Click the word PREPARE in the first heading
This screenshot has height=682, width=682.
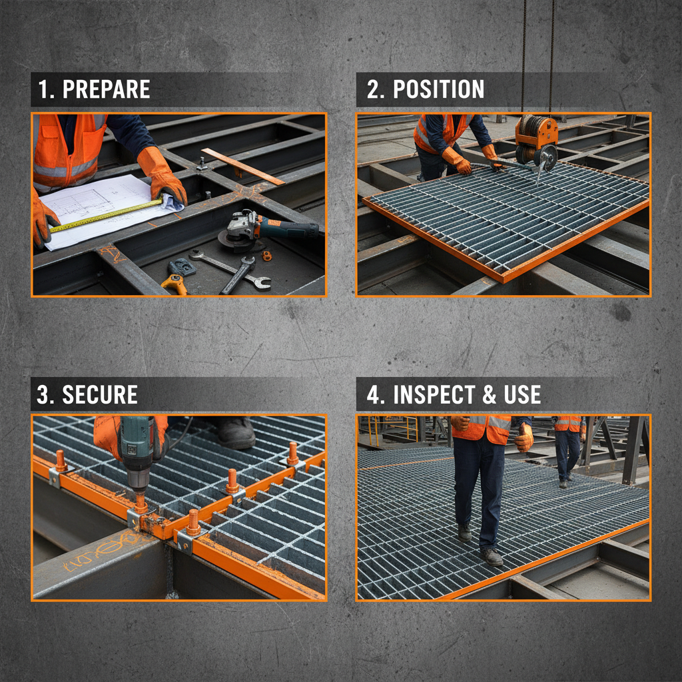106,89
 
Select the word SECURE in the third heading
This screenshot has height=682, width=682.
100,394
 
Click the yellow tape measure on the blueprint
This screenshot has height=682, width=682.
107,214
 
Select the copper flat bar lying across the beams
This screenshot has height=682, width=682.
242,166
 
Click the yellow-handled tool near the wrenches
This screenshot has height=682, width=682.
174,283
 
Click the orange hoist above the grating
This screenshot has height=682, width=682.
536,133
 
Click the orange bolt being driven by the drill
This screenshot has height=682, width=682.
141,503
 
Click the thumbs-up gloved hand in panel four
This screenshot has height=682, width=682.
524,437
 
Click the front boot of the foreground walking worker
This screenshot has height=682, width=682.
492,557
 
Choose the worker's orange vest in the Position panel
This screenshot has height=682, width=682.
436,131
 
